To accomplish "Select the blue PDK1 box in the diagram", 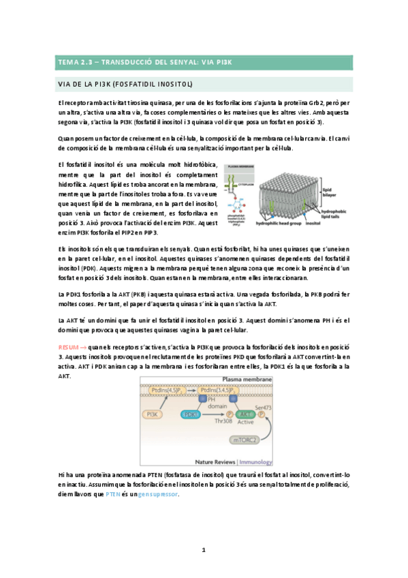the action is [x=190, y=414].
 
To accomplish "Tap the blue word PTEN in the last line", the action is [x=155, y=494].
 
